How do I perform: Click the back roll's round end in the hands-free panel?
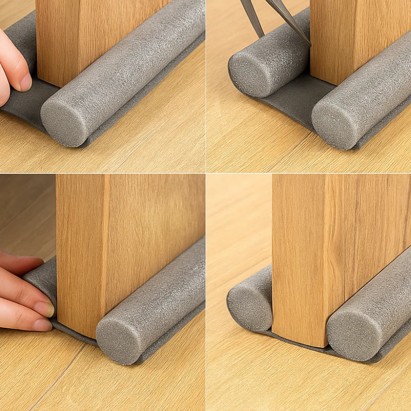tap(250, 307)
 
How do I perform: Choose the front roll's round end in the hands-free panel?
tap(349, 334)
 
